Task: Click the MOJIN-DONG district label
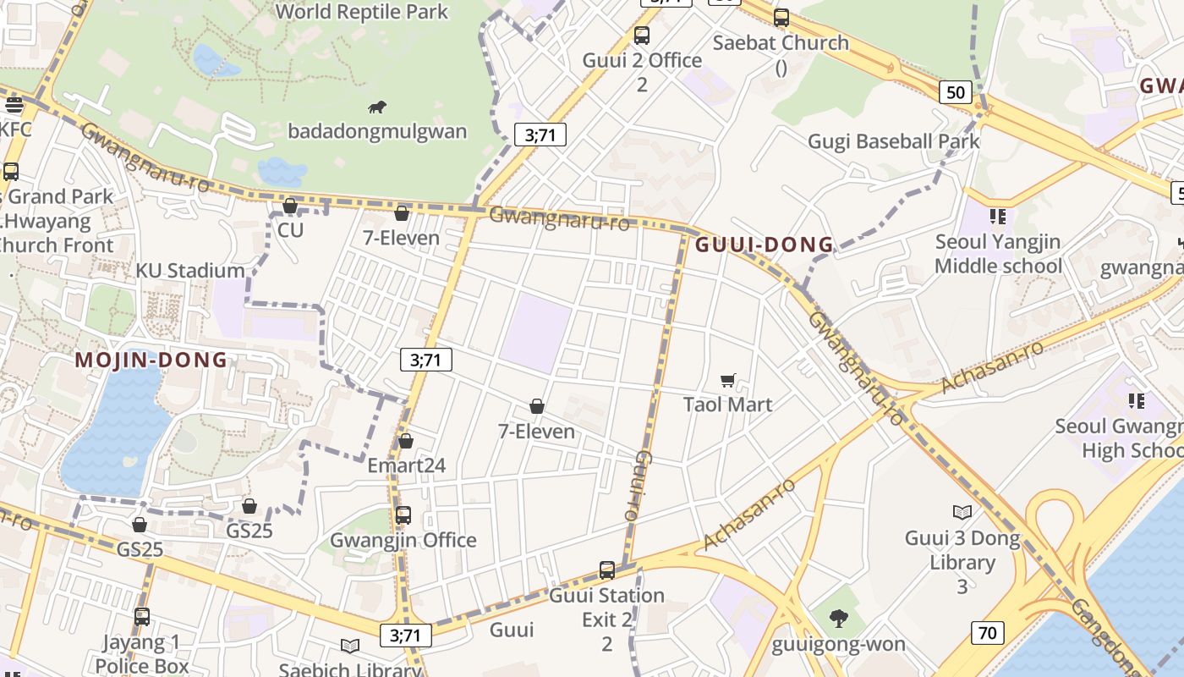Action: point(151,360)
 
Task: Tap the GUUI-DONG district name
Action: point(765,245)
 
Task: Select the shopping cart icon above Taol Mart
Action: point(728,381)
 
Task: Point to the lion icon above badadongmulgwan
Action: point(377,107)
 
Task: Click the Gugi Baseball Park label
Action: point(894,141)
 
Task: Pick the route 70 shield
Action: point(987,632)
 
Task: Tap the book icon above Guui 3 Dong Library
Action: point(962,512)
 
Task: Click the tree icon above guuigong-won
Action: point(839,619)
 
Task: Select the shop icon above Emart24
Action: point(406,441)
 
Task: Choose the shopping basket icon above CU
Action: point(290,206)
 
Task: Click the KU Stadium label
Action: point(190,271)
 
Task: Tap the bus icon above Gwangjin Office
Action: point(403,515)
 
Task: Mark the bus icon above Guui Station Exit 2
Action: point(607,570)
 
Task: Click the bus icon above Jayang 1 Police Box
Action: point(142,617)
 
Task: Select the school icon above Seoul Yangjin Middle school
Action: point(998,217)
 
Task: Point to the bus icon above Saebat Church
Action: point(781,17)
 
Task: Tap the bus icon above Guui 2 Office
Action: point(642,36)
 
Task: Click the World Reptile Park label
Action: point(362,12)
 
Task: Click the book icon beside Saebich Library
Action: point(350,647)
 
